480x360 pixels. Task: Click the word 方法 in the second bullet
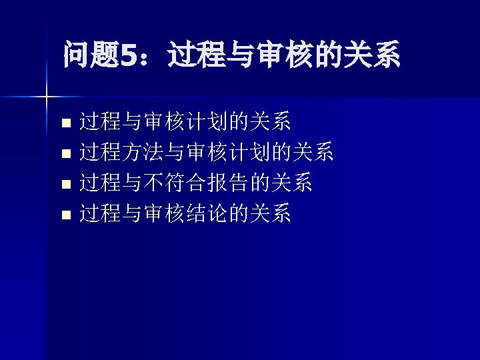point(143,153)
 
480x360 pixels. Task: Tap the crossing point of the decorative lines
point(47,97)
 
